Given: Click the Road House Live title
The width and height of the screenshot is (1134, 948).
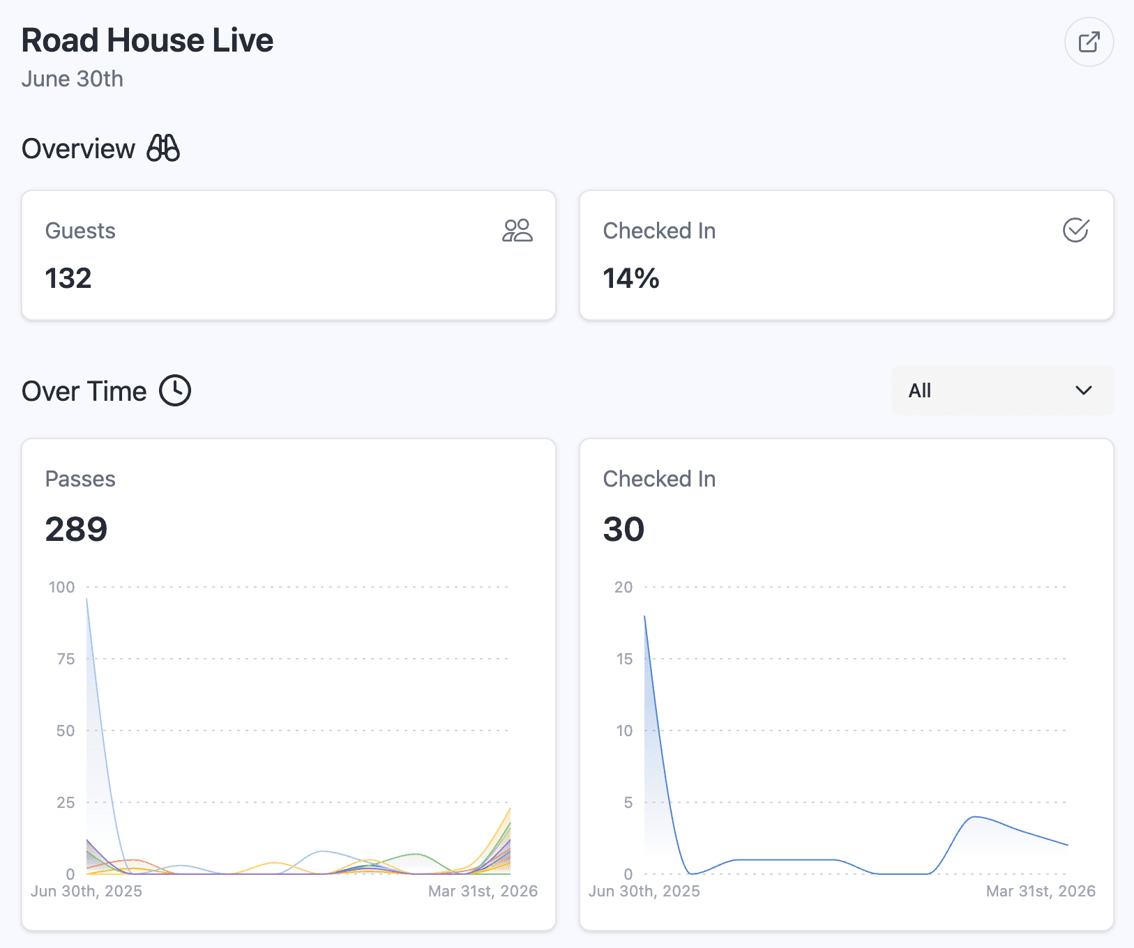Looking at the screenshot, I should (147, 40).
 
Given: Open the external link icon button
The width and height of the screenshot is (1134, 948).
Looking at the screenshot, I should (1089, 42).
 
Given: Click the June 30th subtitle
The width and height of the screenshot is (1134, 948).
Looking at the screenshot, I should (73, 79).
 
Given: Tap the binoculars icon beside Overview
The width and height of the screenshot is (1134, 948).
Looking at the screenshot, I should (163, 148).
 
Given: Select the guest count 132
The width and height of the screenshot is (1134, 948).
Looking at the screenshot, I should (68, 278).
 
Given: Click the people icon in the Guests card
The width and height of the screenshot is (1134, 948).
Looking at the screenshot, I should (517, 231).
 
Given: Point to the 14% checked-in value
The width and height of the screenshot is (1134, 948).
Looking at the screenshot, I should (631, 278).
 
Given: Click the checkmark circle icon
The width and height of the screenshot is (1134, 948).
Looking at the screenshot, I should (1075, 230).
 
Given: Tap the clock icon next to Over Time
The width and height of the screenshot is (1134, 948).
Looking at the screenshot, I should (175, 390).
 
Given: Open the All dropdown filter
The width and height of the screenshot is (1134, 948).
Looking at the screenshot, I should (1001, 390).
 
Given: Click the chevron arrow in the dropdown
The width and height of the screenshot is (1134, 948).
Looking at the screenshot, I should (1083, 390).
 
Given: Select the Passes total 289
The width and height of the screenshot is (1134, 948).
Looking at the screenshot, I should (76, 529).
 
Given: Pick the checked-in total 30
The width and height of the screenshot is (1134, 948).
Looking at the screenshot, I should (623, 529).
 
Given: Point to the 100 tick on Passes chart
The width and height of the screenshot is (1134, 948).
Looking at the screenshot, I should (61, 587).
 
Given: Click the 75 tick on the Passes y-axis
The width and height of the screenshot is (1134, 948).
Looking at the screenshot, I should (66, 659).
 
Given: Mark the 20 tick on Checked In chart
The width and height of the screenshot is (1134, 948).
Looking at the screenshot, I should (623, 587).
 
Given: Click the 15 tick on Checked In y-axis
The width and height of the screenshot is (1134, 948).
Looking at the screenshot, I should (624, 659).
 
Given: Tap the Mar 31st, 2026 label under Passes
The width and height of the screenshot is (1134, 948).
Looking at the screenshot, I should (483, 891).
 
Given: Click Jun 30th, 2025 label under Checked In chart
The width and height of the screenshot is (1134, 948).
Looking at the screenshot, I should (644, 891).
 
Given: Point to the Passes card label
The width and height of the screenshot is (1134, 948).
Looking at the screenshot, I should (80, 479).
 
